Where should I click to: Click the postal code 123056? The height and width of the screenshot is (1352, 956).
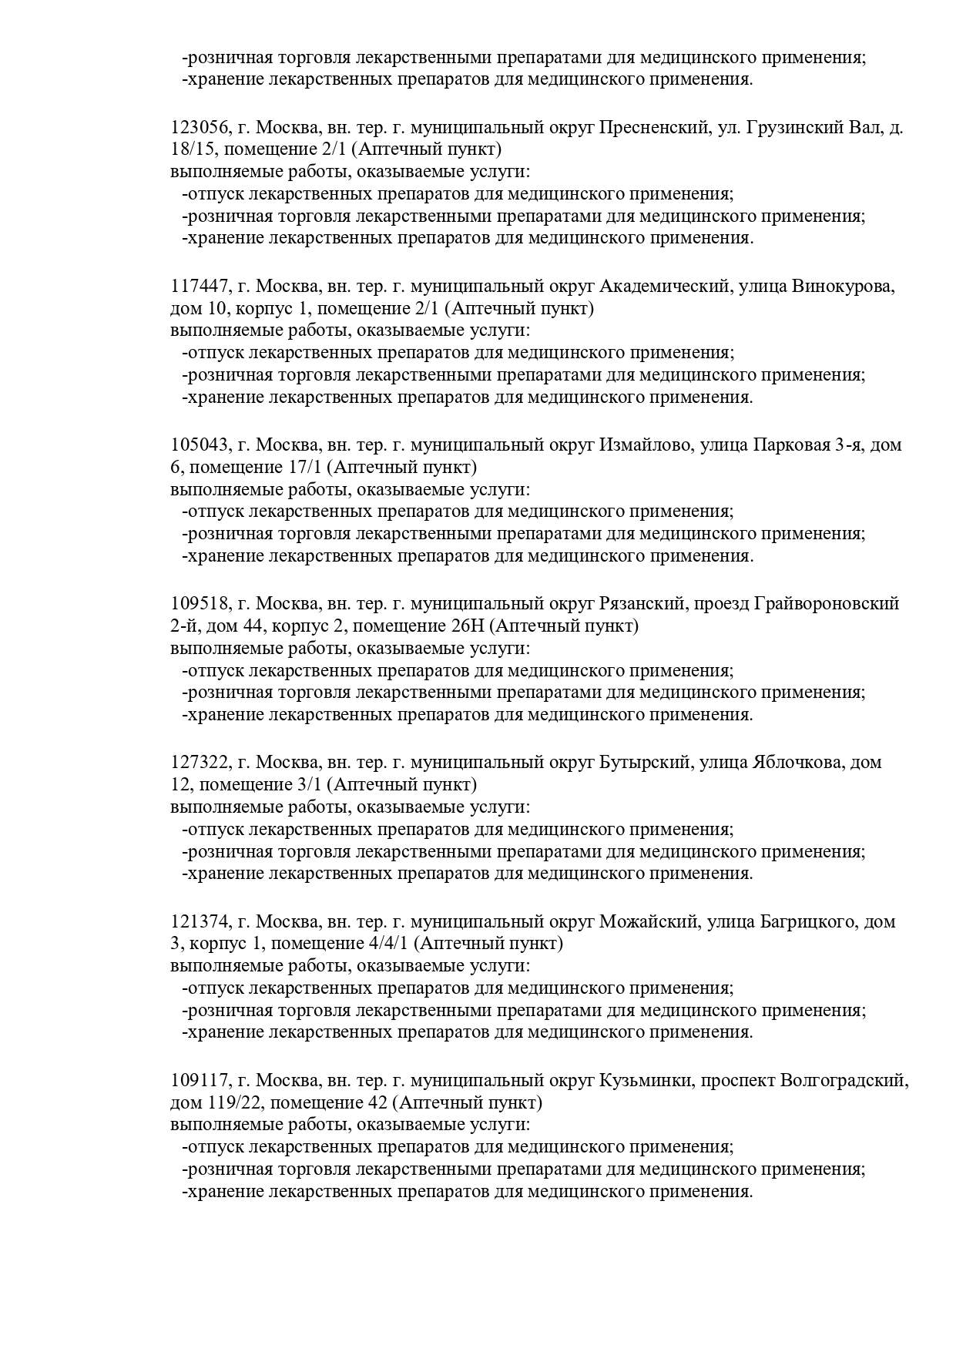pyautogui.click(x=199, y=128)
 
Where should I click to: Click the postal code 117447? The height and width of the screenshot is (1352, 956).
pyautogui.click(x=199, y=287)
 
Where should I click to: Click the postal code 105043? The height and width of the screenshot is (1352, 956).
pyautogui.click(x=199, y=445)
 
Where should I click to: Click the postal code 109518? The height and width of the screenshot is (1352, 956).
pyautogui.click(x=199, y=604)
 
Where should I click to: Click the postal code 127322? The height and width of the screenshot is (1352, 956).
pyautogui.click(x=199, y=763)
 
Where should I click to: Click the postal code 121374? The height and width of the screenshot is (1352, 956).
pyautogui.click(x=199, y=921)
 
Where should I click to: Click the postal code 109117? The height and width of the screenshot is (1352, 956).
pyautogui.click(x=199, y=1080)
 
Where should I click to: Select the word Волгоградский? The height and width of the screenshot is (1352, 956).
pyautogui.click(x=844, y=1080)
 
